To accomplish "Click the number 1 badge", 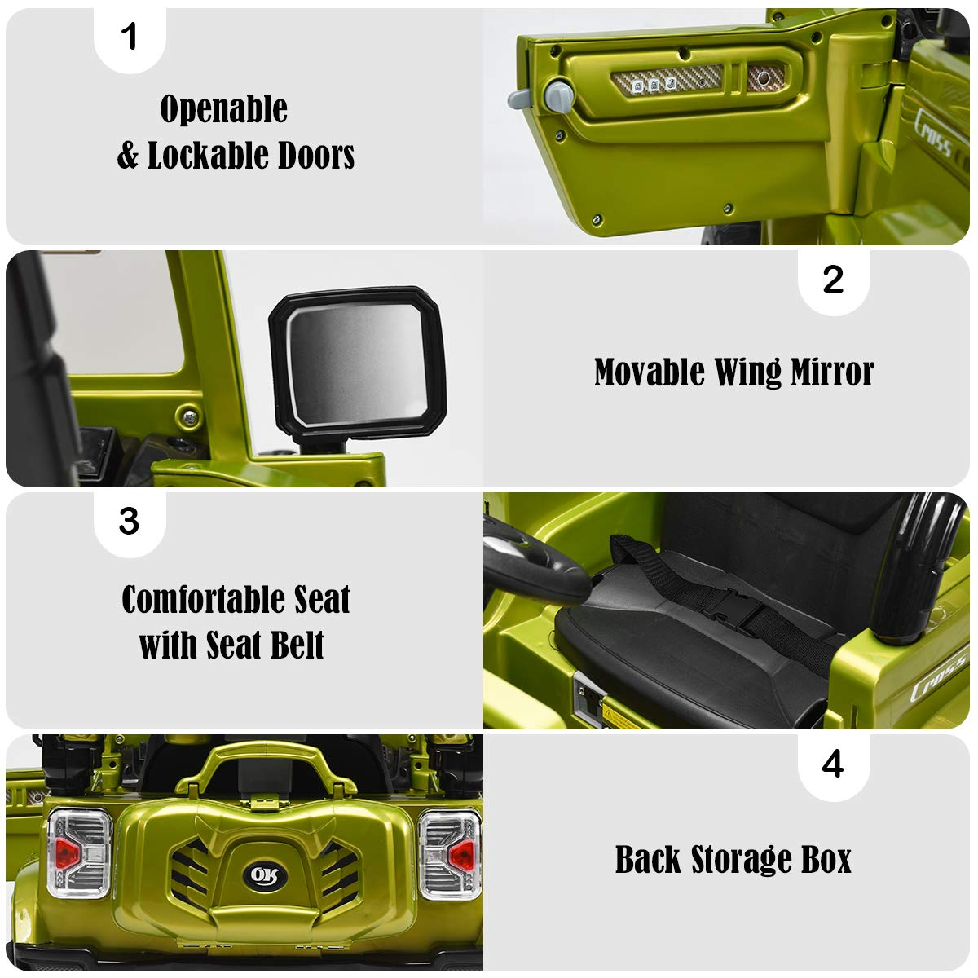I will (130, 37).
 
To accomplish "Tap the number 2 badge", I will (833, 280).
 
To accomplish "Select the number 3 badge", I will (130, 522).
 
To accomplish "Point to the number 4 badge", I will (833, 764).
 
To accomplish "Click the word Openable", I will (223, 109).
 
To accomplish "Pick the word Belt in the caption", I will (293, 645).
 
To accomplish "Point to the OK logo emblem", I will (265, 875).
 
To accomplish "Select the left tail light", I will (79, 853).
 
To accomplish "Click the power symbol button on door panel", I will (764, 79).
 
